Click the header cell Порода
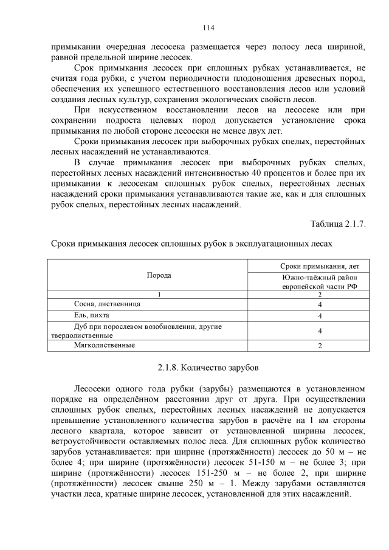[159, 275]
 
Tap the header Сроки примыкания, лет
[320, 266]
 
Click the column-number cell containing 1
[159, 294]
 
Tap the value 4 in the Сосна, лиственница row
[320, 304]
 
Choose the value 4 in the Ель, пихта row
[320, 316]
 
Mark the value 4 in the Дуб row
[320, 331]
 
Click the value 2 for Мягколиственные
[320, 346]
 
